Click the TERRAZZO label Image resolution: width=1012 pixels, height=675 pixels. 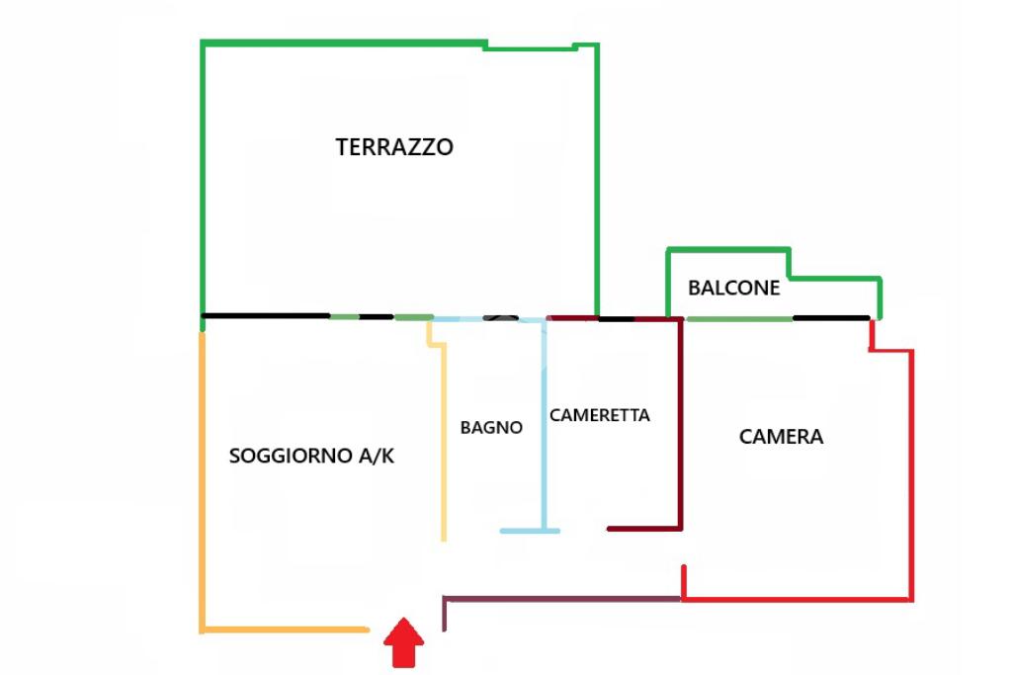click(x=394, y=147)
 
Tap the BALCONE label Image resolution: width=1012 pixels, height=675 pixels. click(x=733, y=289)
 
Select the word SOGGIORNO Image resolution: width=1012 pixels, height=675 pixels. click(x=291, y=457)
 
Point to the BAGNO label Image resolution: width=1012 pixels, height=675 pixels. click(x=491, y=428)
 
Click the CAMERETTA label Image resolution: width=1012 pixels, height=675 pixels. click(x=600, y=415)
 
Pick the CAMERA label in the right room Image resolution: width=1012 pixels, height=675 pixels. click(x=781, y=437)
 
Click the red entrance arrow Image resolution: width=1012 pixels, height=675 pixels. click(x=404, y=643)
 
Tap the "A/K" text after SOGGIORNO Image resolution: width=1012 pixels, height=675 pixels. click(x=377, y=457)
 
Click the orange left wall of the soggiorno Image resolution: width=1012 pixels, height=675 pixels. click(x=203, y=474)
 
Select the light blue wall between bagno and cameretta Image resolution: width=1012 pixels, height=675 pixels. click(x=544, y=425)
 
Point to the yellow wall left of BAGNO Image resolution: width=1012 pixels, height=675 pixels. click(x=444, y=445)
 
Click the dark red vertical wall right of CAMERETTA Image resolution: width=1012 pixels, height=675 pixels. click(x=681, y=425)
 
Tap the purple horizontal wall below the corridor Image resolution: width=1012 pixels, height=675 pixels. click(x=563, y=599)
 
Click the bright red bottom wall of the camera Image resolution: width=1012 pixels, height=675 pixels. click(x=797, y=599)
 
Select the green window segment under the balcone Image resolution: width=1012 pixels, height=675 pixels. click(x=739, y=318)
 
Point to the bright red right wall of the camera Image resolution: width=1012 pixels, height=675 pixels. click(x=910, y=474)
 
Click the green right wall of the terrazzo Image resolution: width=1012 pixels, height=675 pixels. click(x=597, y=178)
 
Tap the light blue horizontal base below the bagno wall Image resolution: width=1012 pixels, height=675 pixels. click(x=530, y=531)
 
